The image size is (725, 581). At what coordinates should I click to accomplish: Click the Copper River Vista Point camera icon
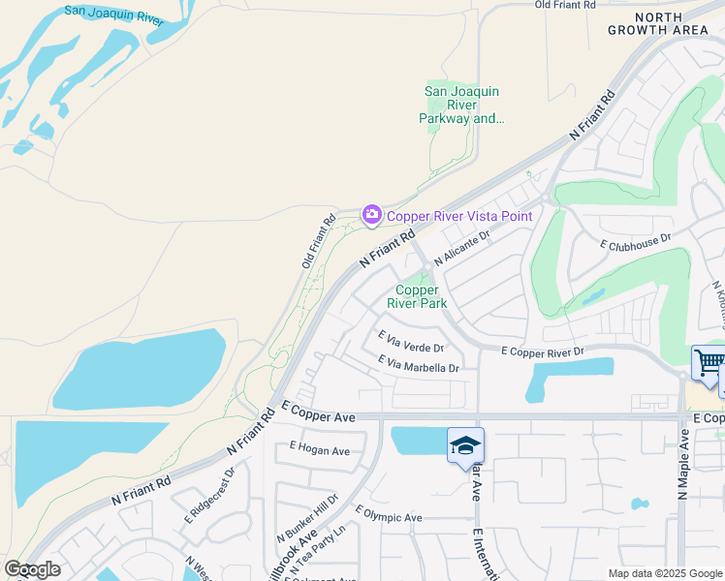(x=371, y=215)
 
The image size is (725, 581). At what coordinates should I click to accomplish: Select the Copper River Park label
(x=418, y=296)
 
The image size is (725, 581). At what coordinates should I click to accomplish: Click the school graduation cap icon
(x=465, y=445)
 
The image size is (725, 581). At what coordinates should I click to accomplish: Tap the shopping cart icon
(x=709, y=364)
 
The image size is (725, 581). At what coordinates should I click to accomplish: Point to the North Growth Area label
(x=665, y=23)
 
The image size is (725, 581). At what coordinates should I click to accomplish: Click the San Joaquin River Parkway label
(x=462, y=106)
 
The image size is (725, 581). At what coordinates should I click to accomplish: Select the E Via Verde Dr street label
(x=410, y=341)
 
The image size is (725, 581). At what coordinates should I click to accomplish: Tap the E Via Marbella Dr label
(x=418, y=364)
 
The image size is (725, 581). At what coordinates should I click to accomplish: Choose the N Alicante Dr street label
(x=463, y=248)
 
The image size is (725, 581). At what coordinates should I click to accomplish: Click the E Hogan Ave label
(x=319, y=451)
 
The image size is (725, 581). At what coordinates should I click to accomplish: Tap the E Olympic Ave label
(x=388, y=514)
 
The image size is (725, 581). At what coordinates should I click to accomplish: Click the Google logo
(x=32, y=569)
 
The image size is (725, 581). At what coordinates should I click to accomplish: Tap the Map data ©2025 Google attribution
(x=664, y=573)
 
